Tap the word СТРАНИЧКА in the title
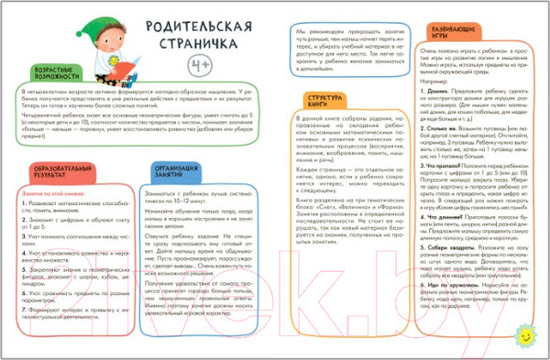(x=186, y=45)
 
